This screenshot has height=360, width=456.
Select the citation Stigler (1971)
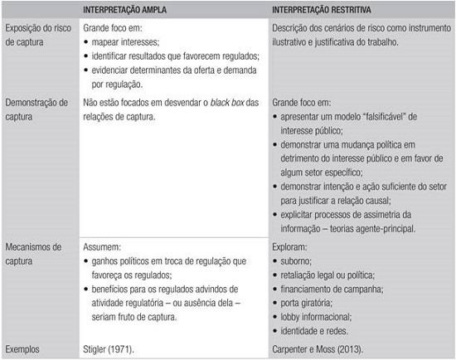click(x=111, y=349)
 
